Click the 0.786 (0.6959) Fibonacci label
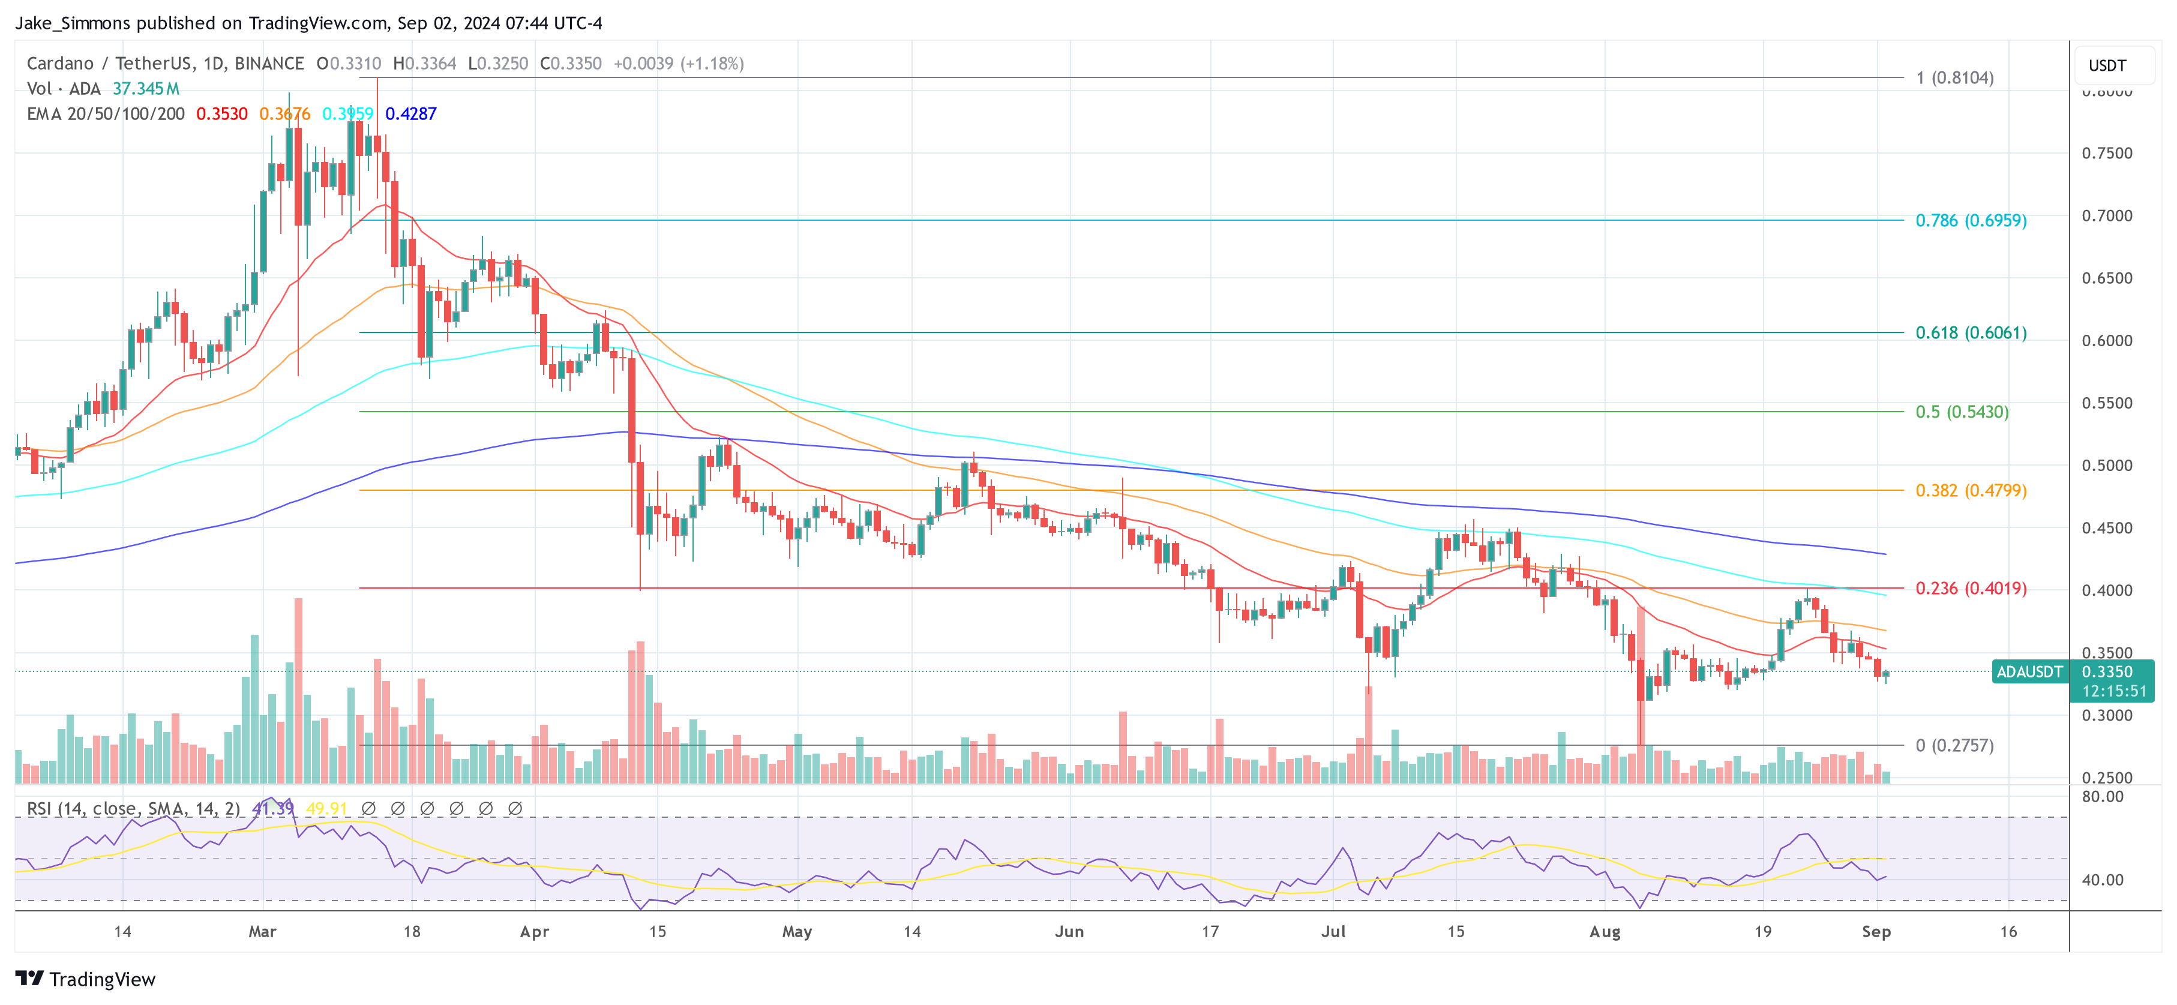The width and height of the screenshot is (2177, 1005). tap(1970, 221)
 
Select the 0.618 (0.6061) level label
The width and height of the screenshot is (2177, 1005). tap(1970, 333)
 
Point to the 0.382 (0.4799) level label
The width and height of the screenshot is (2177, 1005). tap(1970, 490)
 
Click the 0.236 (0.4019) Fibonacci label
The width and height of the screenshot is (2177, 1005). tap(1970, 588)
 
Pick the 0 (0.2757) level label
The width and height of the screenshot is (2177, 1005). tap(1954, 746)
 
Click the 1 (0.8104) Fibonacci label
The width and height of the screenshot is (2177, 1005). tap(1954, 78)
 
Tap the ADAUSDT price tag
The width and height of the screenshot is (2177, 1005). tap(2028, 672)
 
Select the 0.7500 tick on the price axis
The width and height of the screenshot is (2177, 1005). tap(2106, 153)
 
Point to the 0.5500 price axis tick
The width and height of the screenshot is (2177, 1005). tap(2106, 403)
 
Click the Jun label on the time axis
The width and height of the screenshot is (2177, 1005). tap(1069, 931)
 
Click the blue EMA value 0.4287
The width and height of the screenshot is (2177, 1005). tap(410, 114)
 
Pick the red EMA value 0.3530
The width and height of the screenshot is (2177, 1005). tap(221, 114)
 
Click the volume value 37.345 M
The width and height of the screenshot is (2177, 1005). tap(145, 89)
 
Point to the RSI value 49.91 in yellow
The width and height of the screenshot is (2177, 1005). tap(326, 809)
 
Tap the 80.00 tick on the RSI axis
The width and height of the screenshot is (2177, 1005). tap(2102, 796)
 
